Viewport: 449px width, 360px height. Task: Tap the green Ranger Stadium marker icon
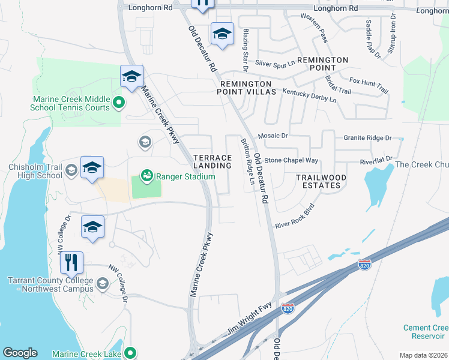[x=146, y=176]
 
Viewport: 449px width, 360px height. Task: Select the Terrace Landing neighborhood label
[x=212, y=161]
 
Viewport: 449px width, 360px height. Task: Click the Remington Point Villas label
[x=248, y=88]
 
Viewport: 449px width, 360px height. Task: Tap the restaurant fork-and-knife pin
[x=71, y=262]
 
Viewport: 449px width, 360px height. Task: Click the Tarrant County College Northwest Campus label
[x=50, y=285]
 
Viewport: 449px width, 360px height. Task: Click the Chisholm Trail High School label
[x=35, y=172]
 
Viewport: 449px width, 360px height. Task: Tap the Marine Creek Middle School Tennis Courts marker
[x=118, y=102]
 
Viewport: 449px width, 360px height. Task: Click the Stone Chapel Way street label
[x=291, y=160]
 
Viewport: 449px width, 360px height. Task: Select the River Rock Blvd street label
[x=295, y=217]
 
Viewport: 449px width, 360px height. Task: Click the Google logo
[x=20, y=353]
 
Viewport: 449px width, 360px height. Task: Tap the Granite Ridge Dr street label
[x=367, y=137]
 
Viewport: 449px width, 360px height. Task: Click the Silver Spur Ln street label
[x=276, y=62]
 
